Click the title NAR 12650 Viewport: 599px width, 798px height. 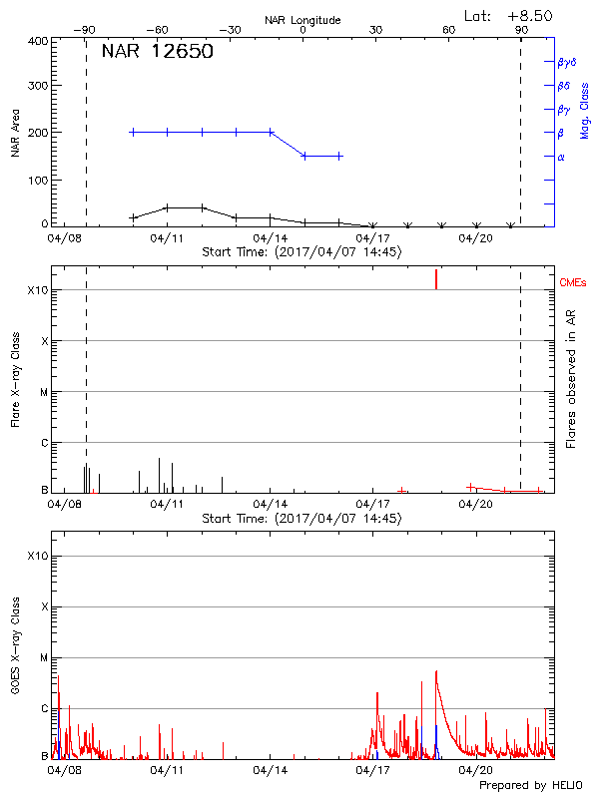[x=157, y=53]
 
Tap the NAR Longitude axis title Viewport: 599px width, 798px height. [x=303, y=20]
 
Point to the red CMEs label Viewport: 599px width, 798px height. [x=573, y=283]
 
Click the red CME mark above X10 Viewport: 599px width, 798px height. [x=436, y=279]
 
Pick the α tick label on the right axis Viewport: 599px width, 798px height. [x=560, y=157]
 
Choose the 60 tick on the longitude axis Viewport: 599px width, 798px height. [x=448, y=30]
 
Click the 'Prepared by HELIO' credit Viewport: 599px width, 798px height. [x=529, y=785]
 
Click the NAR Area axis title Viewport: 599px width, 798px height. [x=16, y=133]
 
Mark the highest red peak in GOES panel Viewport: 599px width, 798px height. [x=436, y=672]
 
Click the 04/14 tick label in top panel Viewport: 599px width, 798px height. [x=271, y=238]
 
